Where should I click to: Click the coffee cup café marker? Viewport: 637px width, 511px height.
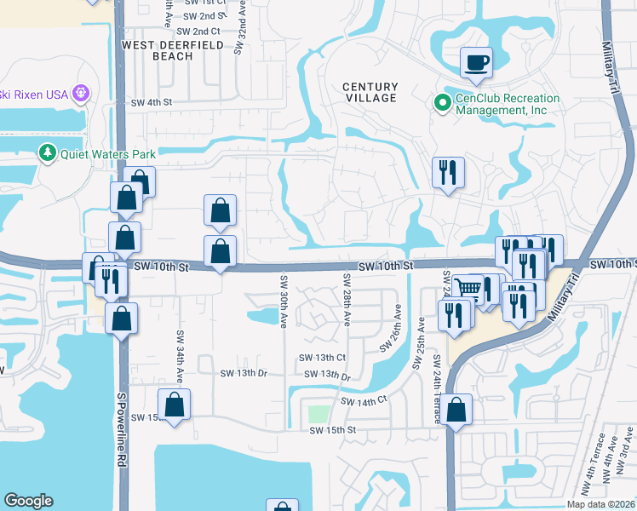pyautogui.click(x=476, y=62)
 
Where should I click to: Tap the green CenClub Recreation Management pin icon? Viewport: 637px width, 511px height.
pyautogui.click(x=442, y=104)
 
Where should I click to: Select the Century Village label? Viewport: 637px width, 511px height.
pyautogui.click(x=370, y=92)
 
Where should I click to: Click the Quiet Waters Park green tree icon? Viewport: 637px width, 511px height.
pyautogui.click(x=48, y=154)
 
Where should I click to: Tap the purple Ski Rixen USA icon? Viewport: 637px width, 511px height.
pyautogui.click(x=82, y=93)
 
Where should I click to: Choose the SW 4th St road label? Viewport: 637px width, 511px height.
pyautogui.click(x=152, y=102)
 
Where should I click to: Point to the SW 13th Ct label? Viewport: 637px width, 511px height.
pyautogui.click(x=321, y=359)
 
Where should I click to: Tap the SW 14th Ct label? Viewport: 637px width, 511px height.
pyautogui.click(x=364, y=400)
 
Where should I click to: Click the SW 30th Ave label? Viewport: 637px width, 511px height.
pyautogui.click(x=283, y=293)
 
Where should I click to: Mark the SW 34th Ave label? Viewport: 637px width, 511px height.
pyautogui.click(x=180, y=357)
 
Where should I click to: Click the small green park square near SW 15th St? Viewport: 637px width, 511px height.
pyautogui.click(x=318, y=415)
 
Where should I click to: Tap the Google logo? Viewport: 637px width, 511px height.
pyautogui.click(x=28, y=501)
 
